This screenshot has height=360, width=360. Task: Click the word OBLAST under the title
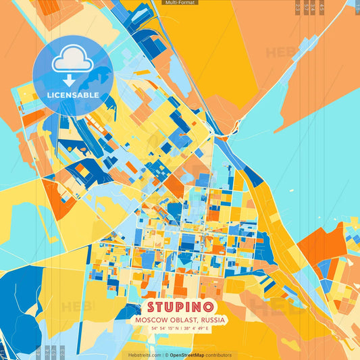tap(180, 319)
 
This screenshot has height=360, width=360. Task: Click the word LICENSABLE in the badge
tap(72, 95)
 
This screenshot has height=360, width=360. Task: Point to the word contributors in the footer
tap(219, 355)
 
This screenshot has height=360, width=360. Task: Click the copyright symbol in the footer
tap(165, 355)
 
